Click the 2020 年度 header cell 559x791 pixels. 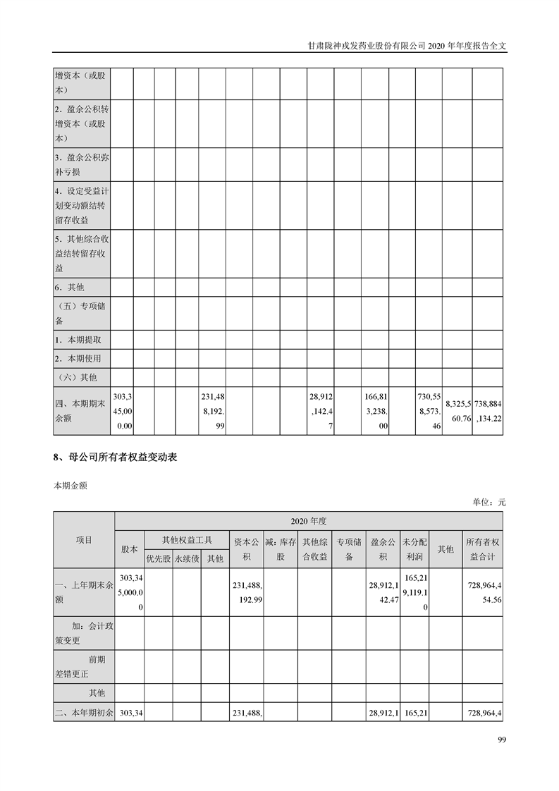click(x=309, y=521)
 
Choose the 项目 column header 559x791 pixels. click(x=84, y=540)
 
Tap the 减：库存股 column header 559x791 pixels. click(x=281, y=549)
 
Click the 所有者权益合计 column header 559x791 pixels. click(x=482, y=549)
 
